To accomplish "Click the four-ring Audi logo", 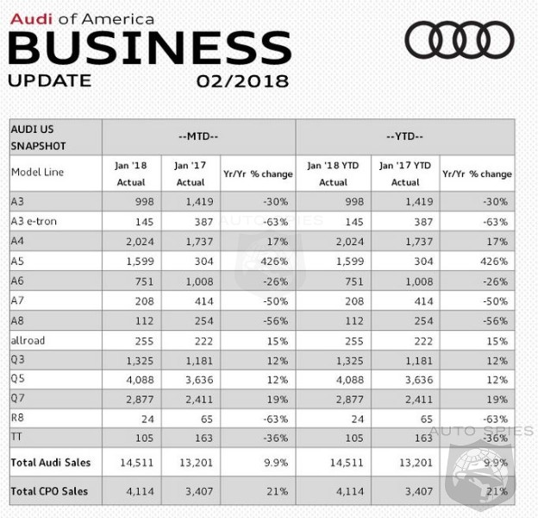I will [459, 40].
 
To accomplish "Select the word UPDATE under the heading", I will [49, 81].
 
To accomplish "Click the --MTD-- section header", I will [198, 136].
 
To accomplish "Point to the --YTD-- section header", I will [404, 136].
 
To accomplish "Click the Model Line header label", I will [38, 172].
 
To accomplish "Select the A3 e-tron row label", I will [35, 221].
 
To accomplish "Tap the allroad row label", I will [28, 341].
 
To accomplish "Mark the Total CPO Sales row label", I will [49, 491].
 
